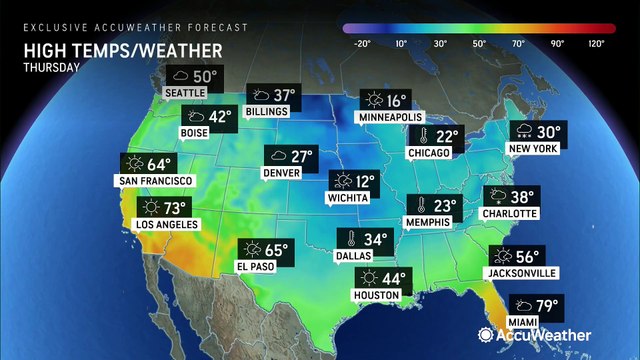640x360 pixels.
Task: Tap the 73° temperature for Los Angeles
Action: click(175, 207)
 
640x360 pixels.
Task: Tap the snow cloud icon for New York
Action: click(523, 133)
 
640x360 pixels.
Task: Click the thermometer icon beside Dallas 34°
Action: click(352, 240)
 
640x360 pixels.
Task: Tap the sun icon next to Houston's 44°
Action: click(369, 278)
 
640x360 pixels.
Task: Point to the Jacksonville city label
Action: click(520, 272)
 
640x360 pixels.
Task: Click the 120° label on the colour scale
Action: click(596, 44)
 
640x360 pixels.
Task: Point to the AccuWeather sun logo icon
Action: click(487, 336)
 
